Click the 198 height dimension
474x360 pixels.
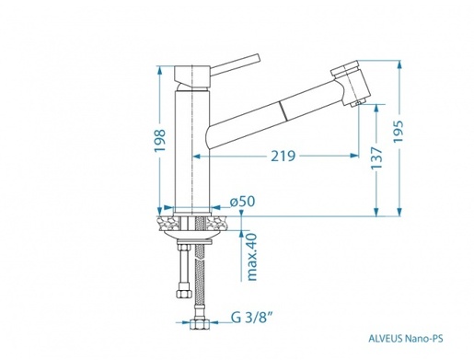160,141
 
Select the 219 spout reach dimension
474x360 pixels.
283,156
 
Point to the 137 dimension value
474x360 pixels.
376,158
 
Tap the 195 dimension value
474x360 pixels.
399,132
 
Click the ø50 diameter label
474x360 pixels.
243,202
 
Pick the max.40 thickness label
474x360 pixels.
251,257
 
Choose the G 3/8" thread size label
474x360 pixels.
251,318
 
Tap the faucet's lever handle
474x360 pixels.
235,64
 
